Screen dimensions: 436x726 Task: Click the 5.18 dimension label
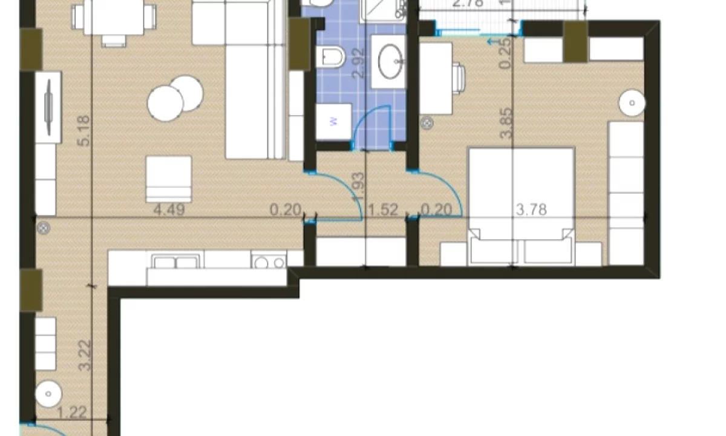tap(84, 130)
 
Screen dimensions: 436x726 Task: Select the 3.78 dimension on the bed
tap(531, 210)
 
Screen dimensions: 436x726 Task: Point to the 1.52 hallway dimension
tap(383, 210)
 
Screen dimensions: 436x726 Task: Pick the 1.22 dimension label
tap(72, 413)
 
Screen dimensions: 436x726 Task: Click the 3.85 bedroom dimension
tap(506, 124)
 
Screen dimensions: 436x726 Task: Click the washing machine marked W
tap(333, 122)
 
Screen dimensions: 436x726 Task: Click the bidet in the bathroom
tap(330, 58)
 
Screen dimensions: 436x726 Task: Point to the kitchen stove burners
tap(269, 262)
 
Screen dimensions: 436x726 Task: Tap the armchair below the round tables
tap(169, 179)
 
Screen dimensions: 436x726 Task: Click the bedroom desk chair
tap(458, 78)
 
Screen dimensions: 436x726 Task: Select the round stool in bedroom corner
tap(632, 104)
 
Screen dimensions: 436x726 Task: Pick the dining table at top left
tap(113, 17)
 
